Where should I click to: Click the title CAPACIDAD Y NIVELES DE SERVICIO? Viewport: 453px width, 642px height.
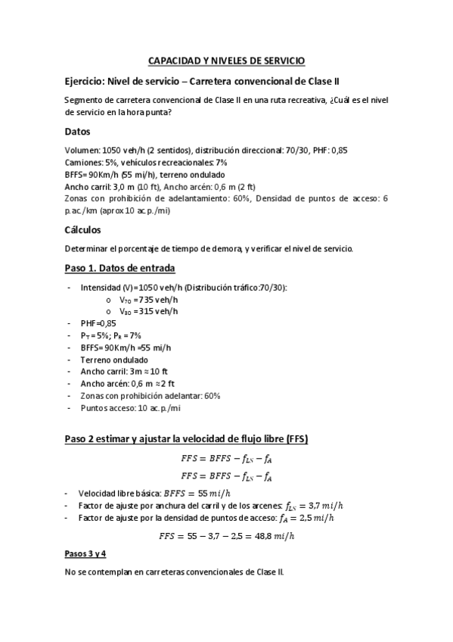226,61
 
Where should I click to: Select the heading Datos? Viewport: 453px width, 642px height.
79,132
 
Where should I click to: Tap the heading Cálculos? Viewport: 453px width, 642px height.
84,229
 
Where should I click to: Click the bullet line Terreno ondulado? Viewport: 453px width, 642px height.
113,360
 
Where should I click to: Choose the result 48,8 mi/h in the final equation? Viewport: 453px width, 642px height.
268,535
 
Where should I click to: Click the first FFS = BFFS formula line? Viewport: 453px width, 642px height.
226,458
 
